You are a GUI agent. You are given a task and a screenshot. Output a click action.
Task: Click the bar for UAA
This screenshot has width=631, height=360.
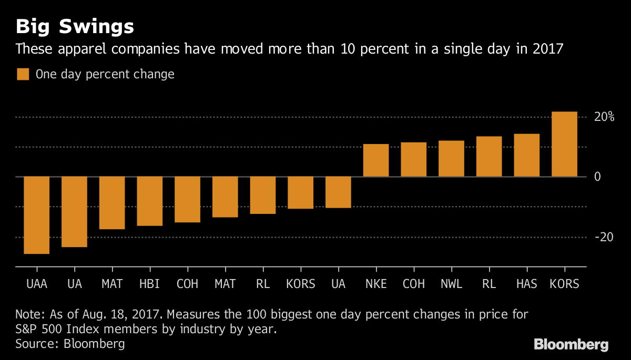tap(36, 215)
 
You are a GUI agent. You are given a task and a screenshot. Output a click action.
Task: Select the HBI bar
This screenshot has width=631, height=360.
tap(149, 201)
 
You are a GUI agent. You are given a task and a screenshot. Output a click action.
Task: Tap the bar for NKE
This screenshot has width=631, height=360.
tap(376, 160)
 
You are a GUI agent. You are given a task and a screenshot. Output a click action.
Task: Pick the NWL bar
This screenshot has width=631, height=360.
tap(451, 159)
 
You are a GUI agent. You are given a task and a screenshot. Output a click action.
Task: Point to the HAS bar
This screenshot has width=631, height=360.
tap(526, 155)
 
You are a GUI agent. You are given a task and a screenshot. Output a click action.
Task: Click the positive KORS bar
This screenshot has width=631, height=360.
tap(564, 144)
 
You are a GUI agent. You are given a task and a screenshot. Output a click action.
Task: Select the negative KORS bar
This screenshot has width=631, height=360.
tap(300, 192)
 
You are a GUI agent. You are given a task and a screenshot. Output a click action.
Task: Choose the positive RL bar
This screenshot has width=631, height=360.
tap(489, 157)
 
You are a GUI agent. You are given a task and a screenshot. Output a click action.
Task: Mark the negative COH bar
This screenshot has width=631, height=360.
tap(187, 199)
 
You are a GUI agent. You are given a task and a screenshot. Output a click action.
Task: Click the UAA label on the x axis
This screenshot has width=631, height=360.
tap(36, 284)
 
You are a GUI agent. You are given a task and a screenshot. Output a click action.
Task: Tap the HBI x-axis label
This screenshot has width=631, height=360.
tap(149, 284)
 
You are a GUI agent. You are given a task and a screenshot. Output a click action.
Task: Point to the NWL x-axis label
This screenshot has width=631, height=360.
tap(451, 284)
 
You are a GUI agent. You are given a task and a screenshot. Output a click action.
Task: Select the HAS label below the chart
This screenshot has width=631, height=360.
tap(526, 284)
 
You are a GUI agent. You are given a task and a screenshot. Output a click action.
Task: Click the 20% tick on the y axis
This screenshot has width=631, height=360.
tap(604, 117)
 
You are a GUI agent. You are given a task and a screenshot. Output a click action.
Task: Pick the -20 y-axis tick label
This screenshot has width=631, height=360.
tap(604, 237)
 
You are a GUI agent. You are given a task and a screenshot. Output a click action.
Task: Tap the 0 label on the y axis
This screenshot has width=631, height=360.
tap(597, 177)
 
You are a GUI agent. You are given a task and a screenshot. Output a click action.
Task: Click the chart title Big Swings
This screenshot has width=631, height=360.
tap(74, 26)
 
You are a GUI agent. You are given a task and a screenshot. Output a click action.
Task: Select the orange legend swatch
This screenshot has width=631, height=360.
tap(23, 74)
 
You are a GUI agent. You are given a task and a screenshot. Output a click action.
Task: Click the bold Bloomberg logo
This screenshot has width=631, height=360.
tap(571, 345)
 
